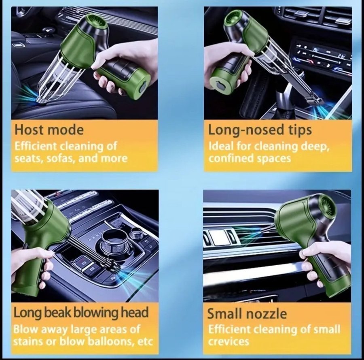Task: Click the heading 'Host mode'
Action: coord(49,130)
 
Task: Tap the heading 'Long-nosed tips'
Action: coord(260,130)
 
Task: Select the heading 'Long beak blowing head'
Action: coord(81,313)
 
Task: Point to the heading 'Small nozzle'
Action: coord(247,313)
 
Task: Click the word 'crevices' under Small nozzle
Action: coord(229,341)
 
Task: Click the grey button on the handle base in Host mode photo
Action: coord(142,85)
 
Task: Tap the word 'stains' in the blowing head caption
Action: coord(25,341)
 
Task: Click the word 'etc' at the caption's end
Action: coord(146,342)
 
